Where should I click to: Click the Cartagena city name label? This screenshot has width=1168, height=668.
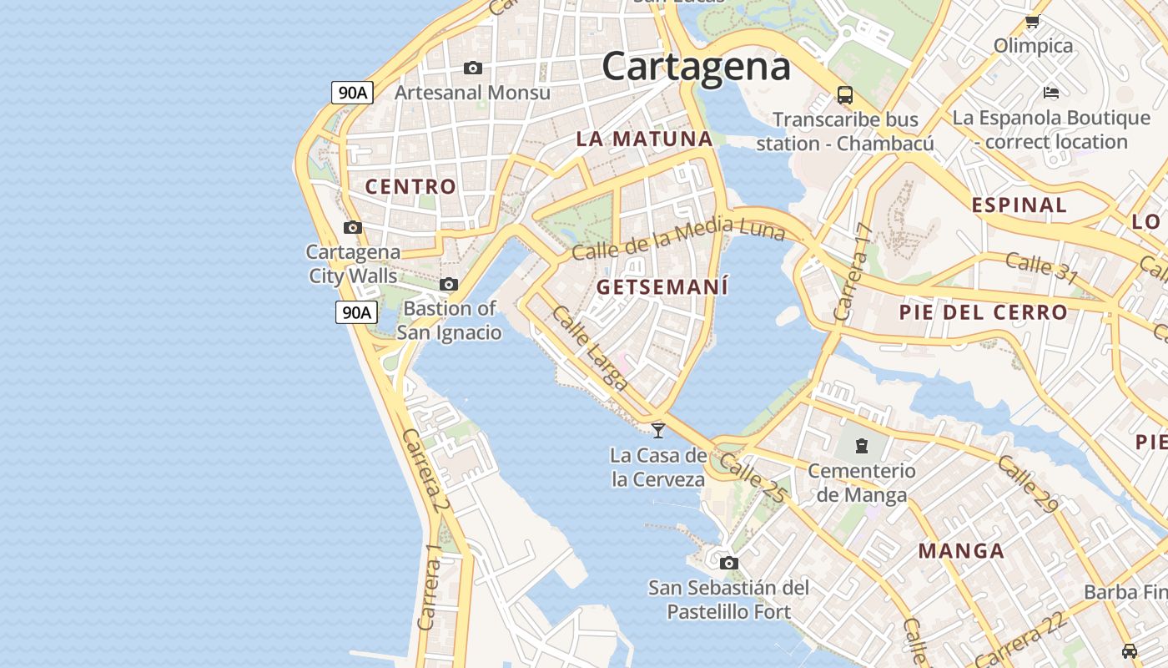[x=696, y=66]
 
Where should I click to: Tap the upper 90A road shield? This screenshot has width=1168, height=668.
[x=352, y=93]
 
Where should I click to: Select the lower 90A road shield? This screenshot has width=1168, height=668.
[x=356, y=312]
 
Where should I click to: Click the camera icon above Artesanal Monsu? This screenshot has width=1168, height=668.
[x=473, y=68]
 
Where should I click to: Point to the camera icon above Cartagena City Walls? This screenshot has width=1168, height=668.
[x=353, y=227]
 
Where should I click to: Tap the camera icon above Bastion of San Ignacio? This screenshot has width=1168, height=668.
[x=449, y=284]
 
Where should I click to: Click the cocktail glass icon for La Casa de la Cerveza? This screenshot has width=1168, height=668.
[x=658, y=430]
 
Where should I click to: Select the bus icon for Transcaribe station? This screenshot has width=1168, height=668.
[x=845, y=94]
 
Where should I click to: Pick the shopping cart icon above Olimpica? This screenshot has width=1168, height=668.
[x=1032, y=22]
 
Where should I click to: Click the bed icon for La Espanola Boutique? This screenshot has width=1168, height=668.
[x=1051, y=93]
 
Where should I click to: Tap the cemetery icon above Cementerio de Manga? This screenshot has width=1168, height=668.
[x=862, y=446]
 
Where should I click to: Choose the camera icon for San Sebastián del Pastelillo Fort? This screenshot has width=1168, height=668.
[x=728, y=563]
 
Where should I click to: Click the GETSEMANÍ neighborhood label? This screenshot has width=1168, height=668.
[x=662, y=287]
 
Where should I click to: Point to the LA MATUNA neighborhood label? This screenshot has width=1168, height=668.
[x=644, y=139]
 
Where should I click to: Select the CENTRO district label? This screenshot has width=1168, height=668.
[x=410, y=186]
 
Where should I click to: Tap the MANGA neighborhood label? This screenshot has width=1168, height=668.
[x=961, y=551]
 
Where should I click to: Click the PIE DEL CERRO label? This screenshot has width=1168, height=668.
[x=983, y=313]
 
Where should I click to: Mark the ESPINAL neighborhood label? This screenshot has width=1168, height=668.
[x=1019, y=205]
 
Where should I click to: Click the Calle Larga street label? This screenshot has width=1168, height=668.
[x=590, y=348]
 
